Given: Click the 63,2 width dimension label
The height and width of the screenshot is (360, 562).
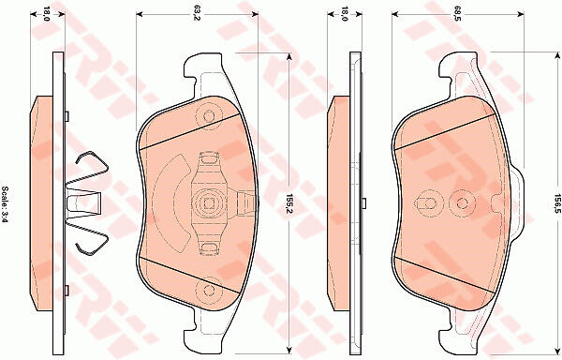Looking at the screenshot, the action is click(x=196, y=15).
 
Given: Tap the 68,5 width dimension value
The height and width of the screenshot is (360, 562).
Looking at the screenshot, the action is click(x=456, y=15).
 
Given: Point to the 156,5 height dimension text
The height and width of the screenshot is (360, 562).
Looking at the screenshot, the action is click(x=557, y=204).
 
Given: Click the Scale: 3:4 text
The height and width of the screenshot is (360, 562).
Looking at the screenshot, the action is click(x=6, y=204).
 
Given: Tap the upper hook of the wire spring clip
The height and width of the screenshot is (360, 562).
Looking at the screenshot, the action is click(x=92, y=163).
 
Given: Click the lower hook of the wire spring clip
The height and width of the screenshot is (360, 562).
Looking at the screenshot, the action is click(x=92, y=243).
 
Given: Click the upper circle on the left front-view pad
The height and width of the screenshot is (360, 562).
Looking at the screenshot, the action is click(x=209, y=115).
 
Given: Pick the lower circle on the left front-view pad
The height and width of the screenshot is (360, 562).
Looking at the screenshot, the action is click(x=209, y=290).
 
